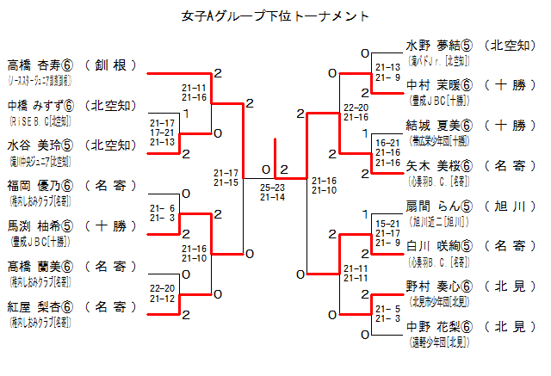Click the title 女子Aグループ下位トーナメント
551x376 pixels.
pos(276,16)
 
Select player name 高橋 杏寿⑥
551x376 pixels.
pos(41,65)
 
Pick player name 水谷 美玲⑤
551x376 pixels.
pos(41,145)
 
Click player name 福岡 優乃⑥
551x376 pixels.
pos(41,185)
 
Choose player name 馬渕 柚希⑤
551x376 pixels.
pos(41,226)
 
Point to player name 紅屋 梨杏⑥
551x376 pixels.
pos(41,306)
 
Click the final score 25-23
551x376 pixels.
pos(272,187)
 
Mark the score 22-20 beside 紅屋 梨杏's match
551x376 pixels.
pos(162,288)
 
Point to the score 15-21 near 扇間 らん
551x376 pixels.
pos(387,224)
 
